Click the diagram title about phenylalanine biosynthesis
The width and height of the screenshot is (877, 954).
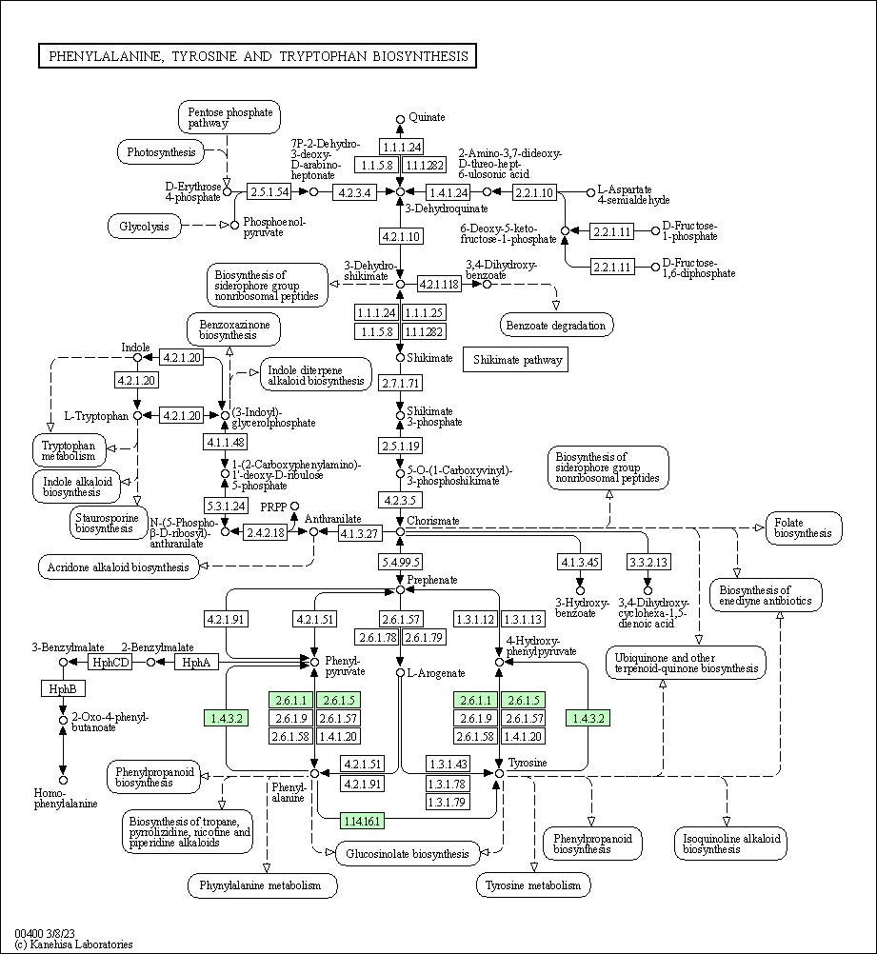click(257, 57)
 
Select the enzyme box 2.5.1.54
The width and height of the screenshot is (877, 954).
click(269, 192)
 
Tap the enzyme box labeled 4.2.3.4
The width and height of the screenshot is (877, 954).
click(354, 192)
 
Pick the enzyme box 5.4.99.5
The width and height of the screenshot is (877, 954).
click(400, 561)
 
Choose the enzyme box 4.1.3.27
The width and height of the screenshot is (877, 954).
click(361, 532)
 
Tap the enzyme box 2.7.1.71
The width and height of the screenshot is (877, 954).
click(401, 384)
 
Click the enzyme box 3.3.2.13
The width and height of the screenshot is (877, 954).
click(648, 561)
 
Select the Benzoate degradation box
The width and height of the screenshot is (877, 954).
click(556, 326)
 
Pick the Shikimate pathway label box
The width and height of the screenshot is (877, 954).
click(515, 360)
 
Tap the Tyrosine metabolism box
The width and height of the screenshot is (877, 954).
click(532, 885)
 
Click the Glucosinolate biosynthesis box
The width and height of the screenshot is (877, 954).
click(408, 854)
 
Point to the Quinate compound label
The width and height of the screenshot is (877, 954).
click(427, 117)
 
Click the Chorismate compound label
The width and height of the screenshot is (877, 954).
click(433, 521)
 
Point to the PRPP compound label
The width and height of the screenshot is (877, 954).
click(274, 507)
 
